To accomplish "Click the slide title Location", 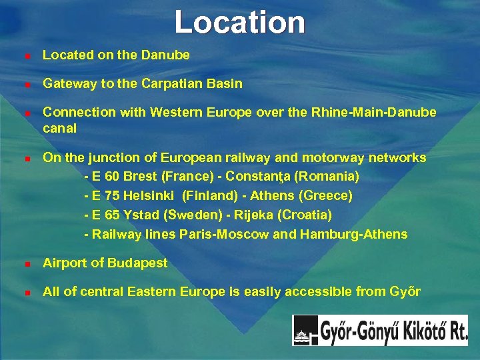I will pos(240,22).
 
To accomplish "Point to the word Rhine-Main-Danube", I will pos(374,113).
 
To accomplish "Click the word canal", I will pos(59,127).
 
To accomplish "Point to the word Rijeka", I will pos(249,215).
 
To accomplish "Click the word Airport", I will pos(64,263).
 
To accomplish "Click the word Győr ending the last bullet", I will pos(405,292).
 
